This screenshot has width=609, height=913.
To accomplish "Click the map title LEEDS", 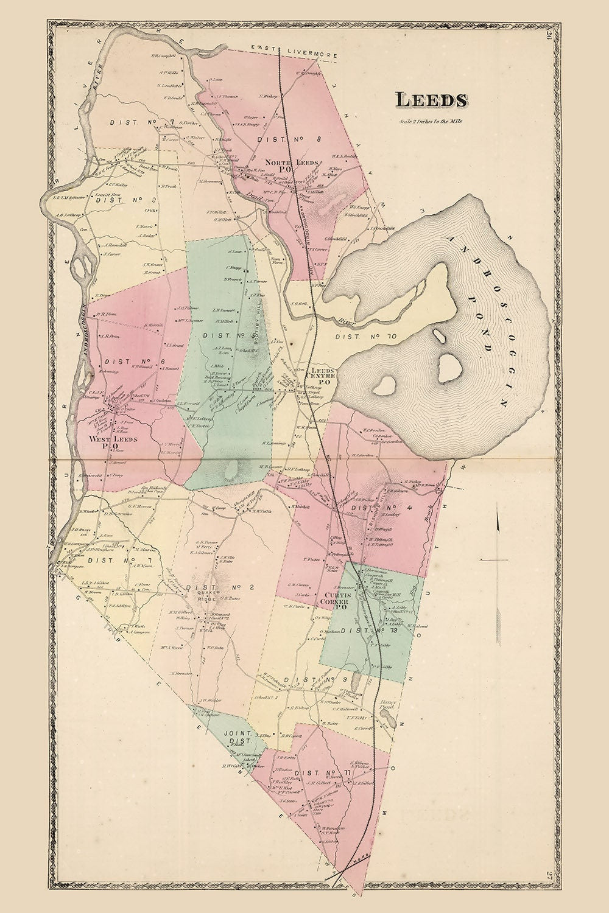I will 431,99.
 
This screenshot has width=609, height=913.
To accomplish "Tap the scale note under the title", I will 431,121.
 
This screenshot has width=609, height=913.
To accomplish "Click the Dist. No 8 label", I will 280,139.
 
